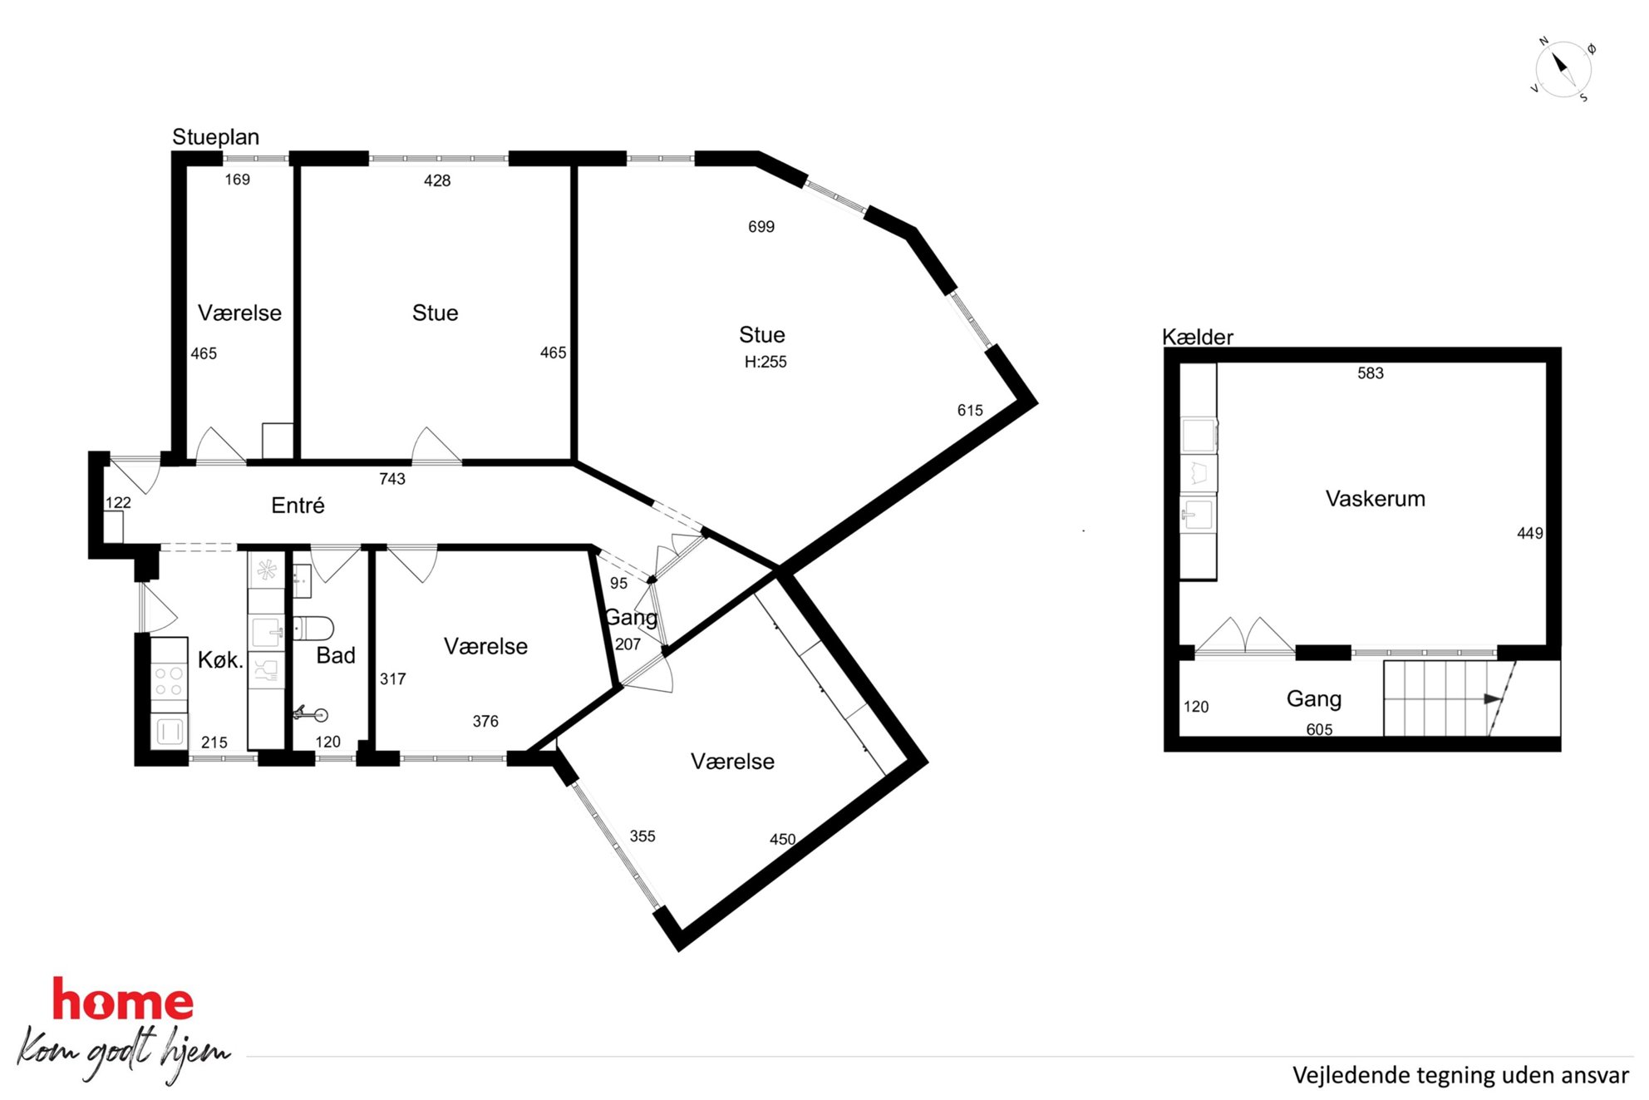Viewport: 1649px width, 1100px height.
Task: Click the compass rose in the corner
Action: (1563, 70)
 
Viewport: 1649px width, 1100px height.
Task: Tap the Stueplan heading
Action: (215, 137)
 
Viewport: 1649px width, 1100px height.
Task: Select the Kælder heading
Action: (1197, 337)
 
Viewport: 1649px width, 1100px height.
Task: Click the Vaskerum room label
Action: (1375, 499)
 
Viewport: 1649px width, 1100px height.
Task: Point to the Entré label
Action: (298, 506)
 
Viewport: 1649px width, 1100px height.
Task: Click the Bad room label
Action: (336, 655)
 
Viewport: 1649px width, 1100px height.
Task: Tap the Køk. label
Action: (220, 660)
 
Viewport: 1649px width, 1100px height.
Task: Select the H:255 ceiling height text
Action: (765, 362)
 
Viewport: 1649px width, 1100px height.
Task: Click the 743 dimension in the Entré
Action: (392, 479)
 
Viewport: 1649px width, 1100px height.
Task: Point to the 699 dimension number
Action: (761, 227)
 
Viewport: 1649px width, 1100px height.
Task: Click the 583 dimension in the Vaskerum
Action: (1371, 373)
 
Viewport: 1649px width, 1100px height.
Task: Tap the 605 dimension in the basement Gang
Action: (1319, 729)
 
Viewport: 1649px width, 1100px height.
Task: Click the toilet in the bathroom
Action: (313, 629)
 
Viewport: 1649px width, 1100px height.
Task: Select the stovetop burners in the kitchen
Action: (169, 681)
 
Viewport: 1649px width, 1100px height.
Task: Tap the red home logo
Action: (123, 999)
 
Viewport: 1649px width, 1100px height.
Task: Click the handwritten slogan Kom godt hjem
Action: (123, 1053)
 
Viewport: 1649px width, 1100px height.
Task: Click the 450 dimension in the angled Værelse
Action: (782, 840)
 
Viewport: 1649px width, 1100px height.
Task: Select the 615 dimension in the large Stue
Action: (970, 411)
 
